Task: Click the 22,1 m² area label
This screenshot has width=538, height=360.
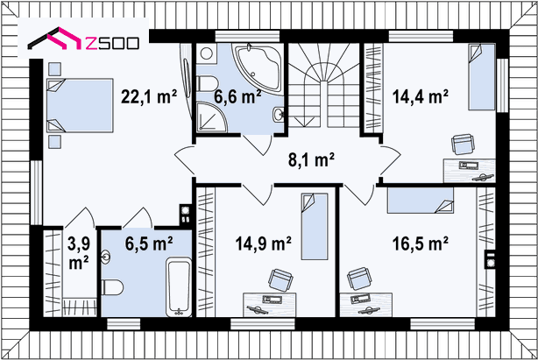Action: tap(149, 96)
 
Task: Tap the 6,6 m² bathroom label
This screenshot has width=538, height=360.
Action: tap(237, 96)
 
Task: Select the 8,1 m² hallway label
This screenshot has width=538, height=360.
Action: tap(311, 159)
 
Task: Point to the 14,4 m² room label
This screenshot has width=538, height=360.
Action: tap(421, 96)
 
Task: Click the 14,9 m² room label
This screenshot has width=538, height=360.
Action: tap(263, 244)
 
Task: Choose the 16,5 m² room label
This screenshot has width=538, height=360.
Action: tap(421, 244)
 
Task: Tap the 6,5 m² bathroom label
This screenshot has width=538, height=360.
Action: tap(149, 244)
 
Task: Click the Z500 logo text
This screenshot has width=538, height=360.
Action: tap(112, 43)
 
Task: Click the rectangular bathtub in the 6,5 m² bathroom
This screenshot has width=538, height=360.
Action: tap(179, 286)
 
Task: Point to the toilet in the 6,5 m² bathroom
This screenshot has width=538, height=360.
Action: tap(112, 287)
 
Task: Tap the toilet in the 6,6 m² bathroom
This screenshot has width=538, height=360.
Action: tap(208, 84)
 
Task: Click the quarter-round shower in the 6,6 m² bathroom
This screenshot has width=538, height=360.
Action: tap(212, 116)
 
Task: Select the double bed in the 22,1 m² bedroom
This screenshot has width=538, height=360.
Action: tap(80, 105)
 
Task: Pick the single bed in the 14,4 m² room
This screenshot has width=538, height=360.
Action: tap(482, 77)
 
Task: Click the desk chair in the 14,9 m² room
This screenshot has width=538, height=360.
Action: tap(280, 279)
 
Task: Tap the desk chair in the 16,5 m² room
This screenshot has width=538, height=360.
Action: tap(359, 279)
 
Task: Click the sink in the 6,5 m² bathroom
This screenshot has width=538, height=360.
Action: tap(106, 258)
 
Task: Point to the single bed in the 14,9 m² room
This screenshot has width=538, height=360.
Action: tap(315, 227)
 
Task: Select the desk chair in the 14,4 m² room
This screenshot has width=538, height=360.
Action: tap(464, 145)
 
